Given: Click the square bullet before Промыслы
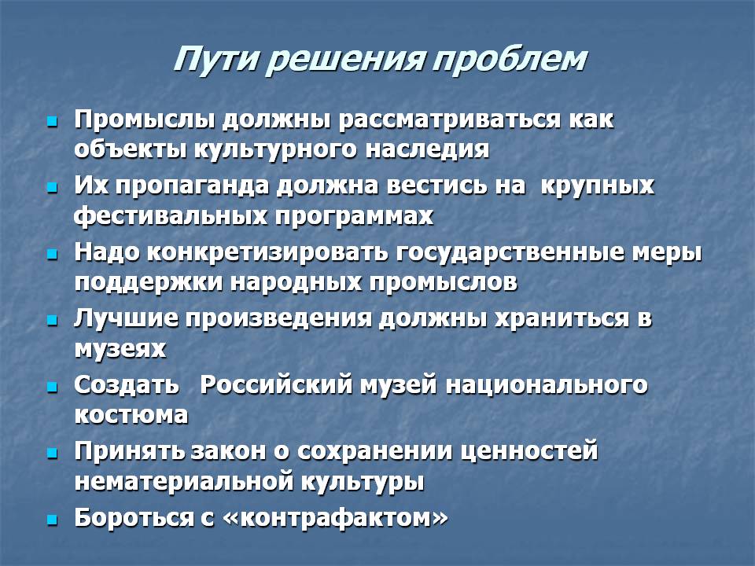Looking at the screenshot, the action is point(52,121).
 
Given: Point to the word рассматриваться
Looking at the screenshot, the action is point(449,120).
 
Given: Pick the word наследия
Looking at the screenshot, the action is point(427,149).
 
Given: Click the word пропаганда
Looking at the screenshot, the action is point(192,186).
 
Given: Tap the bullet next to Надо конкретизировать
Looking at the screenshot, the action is point(52,254).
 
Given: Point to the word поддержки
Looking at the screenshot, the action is point(149,282).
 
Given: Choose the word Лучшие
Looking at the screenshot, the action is point(126,319).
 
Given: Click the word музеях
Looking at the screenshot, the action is point(120,349).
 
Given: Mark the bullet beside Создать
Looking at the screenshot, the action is point(52,387).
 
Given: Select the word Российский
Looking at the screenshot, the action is point(276,385).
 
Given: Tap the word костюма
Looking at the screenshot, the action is point(131,415).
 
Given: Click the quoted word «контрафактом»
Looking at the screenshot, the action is point(336,518).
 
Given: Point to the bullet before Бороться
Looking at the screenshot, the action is point(52,520).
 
